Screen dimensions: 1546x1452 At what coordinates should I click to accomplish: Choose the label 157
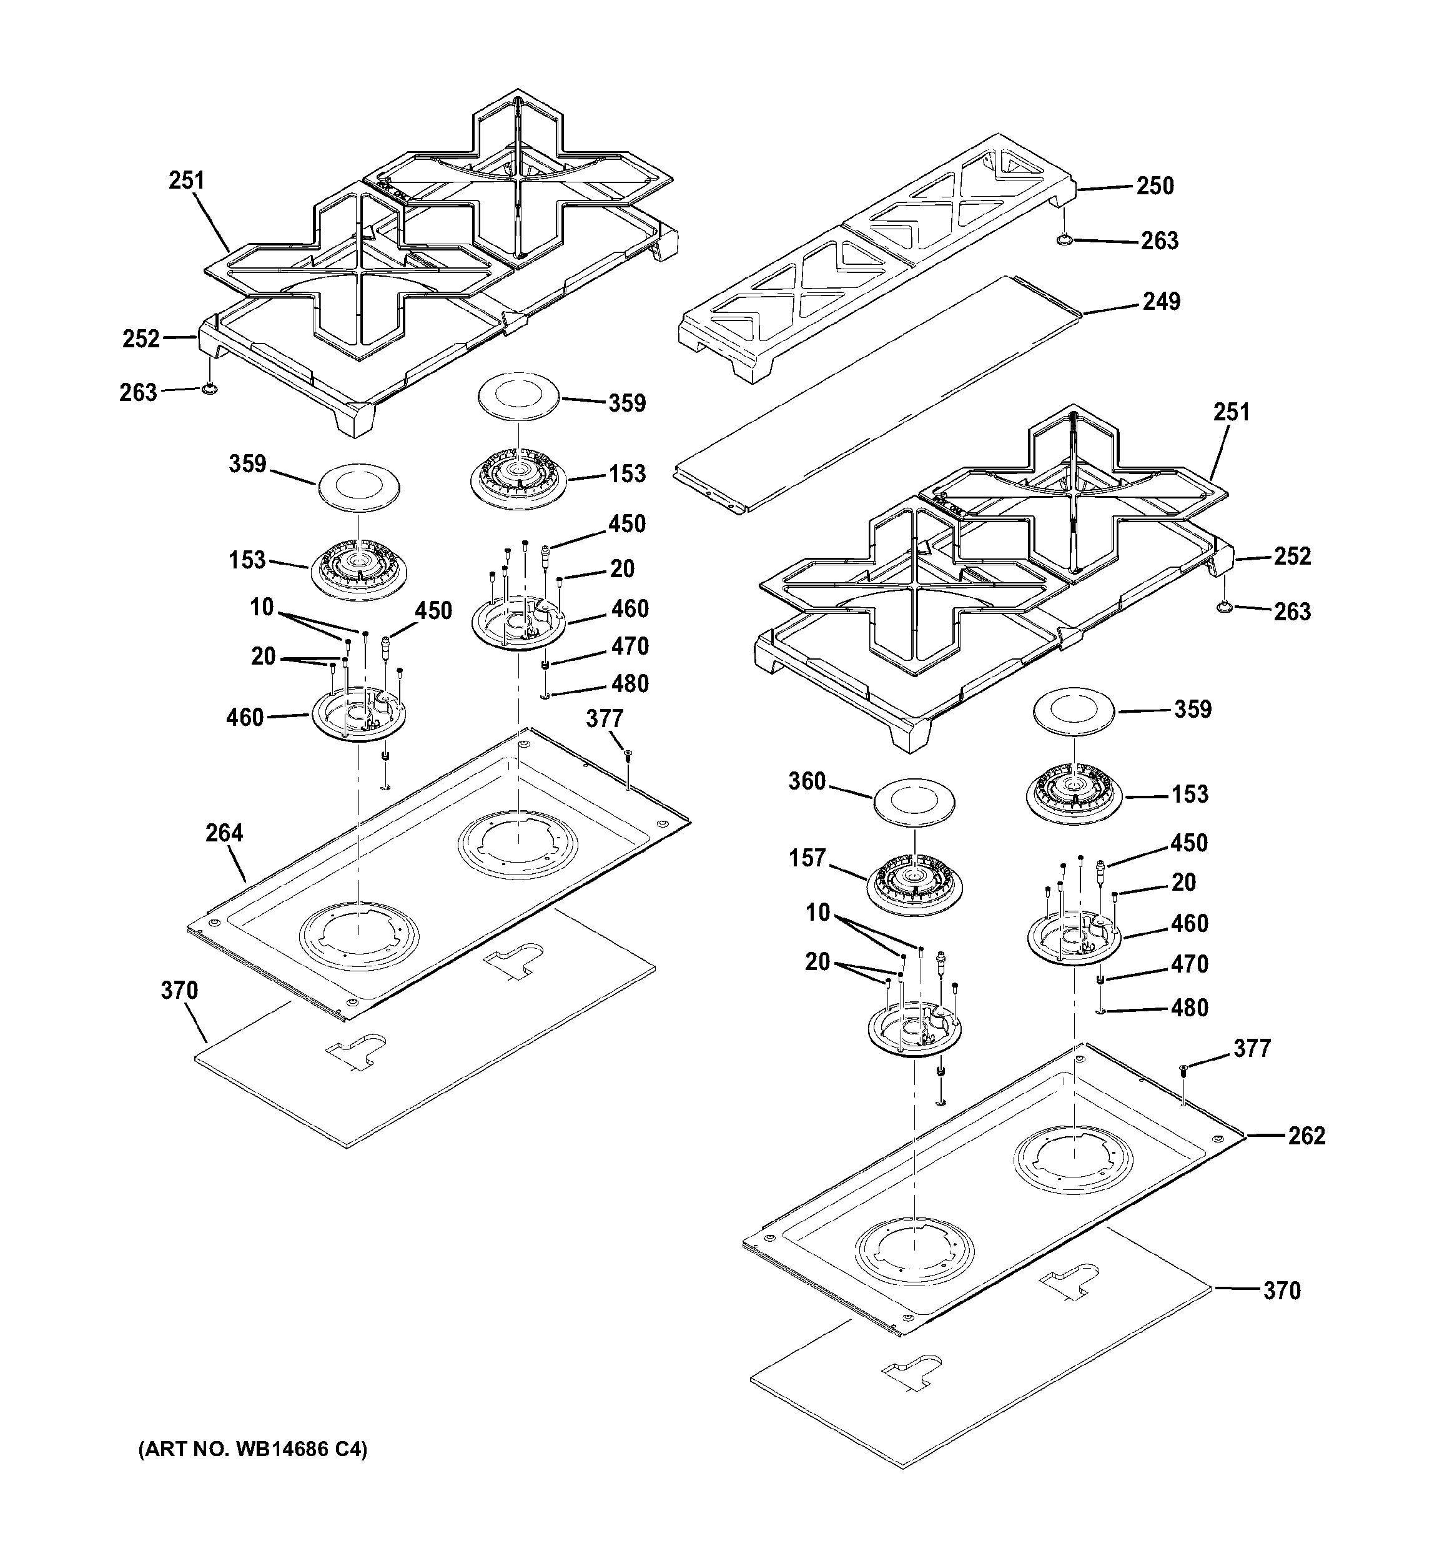(806, 858)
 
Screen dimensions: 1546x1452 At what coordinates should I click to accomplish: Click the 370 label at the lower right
(1281, 1291)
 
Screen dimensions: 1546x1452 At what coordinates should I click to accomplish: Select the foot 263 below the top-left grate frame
(207, 389)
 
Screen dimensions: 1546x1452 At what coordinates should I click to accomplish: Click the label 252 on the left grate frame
(141, 339)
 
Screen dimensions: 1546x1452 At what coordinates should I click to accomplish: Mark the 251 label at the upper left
(187, 181)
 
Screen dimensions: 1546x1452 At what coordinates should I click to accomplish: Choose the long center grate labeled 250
(878, 257)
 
